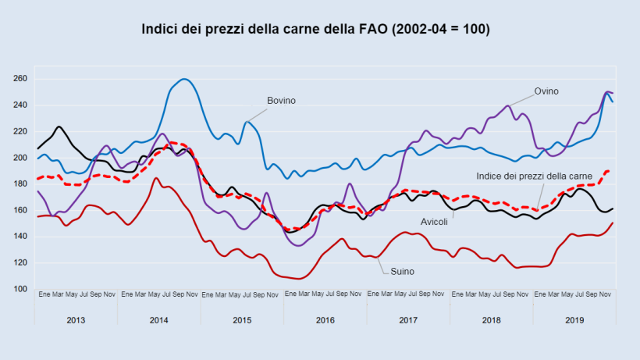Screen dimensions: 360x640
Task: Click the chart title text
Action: pyautogui.click(x=315, y=30)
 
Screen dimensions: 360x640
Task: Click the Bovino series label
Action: pyautogui.click(x=281, y=101)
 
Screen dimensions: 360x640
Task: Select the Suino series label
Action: pyautogui.click(x=402, y=271)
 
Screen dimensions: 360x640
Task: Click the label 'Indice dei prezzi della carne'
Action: pyautogui.click(x=535, y=176)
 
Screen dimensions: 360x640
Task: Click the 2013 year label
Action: pyautogui.click(x=76, y=320)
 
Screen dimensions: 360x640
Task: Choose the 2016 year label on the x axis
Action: pyautogui.click(x=325, y=320)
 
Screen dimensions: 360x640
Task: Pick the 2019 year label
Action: pyautogui.click(x=574, y=320)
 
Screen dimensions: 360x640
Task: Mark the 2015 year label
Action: pyautogui.click(x=242, y=320)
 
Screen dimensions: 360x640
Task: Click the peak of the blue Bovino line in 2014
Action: pyautogui.click(x=184, y=79)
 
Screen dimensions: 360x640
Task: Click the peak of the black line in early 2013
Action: pyautogui.click(x=59, y=127)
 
